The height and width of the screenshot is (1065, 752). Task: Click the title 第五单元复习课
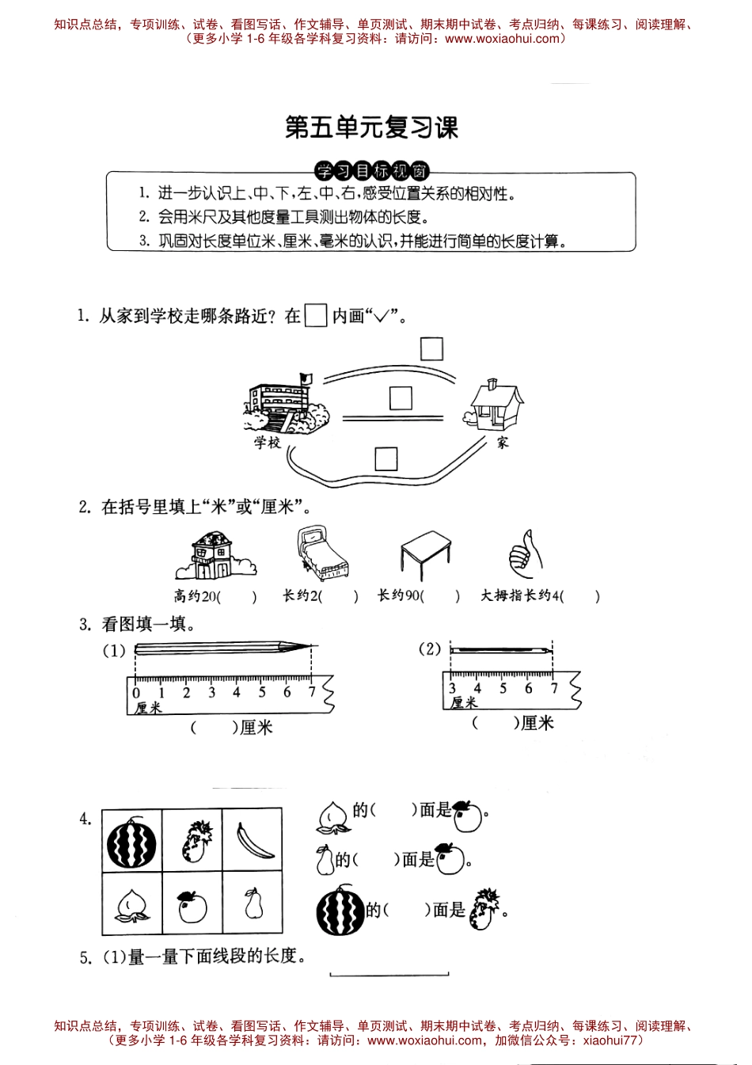[x=371, y=127]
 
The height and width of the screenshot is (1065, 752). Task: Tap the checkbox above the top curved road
[x=431, y=348]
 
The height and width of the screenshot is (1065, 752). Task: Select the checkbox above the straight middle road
[x=401, y=397]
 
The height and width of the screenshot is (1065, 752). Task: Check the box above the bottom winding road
[x=385, y=458]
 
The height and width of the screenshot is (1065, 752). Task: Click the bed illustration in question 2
[x=321, y=554]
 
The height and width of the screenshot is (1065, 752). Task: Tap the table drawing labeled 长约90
[x=425, y=555]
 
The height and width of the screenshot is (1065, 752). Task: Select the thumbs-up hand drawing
[x=525, y=553]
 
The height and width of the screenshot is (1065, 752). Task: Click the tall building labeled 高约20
[x=212, y=555]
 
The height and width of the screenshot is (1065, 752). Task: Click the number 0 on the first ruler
[x=136, y=693]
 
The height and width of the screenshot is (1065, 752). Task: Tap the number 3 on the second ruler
[x=452, y=689]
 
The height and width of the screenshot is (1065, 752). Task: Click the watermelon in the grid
[x=132, y=844]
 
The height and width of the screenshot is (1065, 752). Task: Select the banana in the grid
[x=254, y=840]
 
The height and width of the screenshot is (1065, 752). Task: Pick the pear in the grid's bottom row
[x=253, y=903]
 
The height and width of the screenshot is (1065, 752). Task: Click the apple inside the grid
[x=192, y=906]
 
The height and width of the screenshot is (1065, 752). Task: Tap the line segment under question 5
[x=389, y=975]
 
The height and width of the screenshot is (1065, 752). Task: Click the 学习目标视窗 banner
[x=372, y=171]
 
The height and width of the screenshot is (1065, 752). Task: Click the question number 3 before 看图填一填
[x=85, y=625]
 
